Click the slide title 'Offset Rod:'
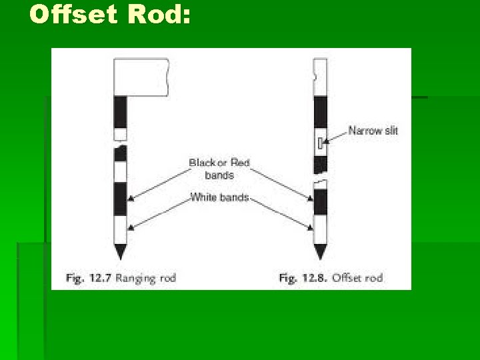[x=110, y=15]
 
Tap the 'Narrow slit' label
[x=373, y=131]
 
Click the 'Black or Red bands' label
[x=219, y=169]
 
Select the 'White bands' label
[x=219, y=197]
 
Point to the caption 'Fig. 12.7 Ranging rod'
[x=121, y=277]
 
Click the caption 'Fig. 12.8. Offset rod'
[x=331, y=277]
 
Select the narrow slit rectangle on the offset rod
[x=320, y=143]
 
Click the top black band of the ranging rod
[x=120, y=112]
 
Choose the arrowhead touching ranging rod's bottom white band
[x=131, y=228]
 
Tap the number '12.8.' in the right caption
[x=317, y=277]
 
